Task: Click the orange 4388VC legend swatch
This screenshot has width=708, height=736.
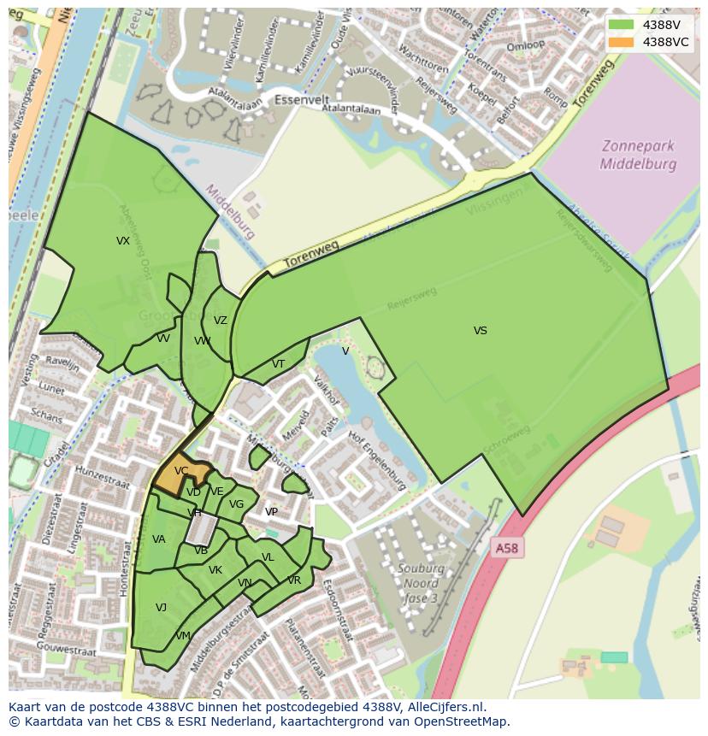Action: (x=622, y=42)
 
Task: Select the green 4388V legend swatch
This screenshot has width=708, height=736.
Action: (x=622, y=25)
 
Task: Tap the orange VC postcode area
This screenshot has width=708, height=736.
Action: (x=180, y=474)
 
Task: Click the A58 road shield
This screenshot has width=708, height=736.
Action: (x=506, y=548)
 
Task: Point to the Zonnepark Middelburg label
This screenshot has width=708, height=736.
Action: (x=638, y=155)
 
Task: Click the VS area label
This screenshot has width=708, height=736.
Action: (x=481, y=331)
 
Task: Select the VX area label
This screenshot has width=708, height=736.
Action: (x=123, y=241)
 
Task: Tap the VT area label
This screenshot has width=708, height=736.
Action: (x=278, y=364)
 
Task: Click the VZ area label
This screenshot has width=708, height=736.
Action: (x=221, y=321)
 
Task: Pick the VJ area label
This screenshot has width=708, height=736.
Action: (x=161, y=608)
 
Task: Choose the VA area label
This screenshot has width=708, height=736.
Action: (x=159, y=539)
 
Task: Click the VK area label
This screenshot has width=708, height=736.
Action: (x=215, y=570)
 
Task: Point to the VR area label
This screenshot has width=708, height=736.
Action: (x=294, y=580)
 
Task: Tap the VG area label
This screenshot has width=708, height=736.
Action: (x=237, y=504)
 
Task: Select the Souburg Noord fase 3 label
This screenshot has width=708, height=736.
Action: (x=420, y=580)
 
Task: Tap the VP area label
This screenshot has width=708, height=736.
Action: (x=271, y=512)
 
